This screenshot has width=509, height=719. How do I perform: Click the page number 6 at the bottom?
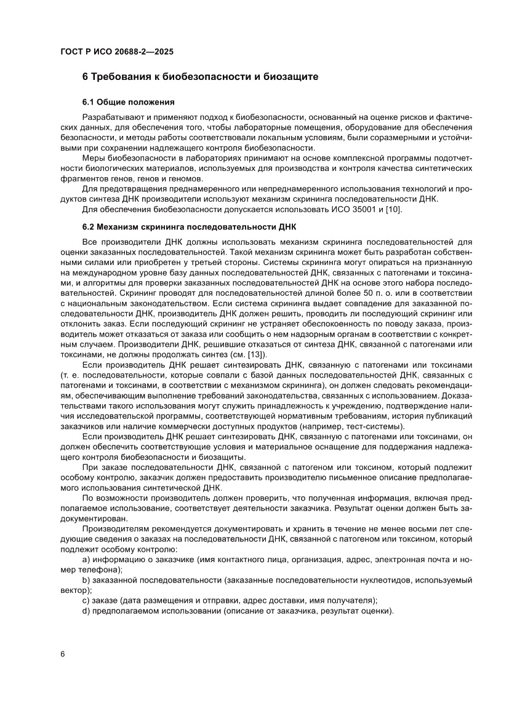coord(63,653)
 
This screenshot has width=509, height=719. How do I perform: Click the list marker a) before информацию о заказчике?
coord(86,560)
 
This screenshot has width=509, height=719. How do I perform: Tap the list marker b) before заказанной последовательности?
coord(86,580)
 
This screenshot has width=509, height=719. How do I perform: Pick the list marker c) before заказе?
coord(86,600)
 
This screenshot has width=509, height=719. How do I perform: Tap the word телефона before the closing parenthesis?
coord(100,570)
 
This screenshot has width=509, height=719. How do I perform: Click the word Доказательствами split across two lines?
coord(455,398)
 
